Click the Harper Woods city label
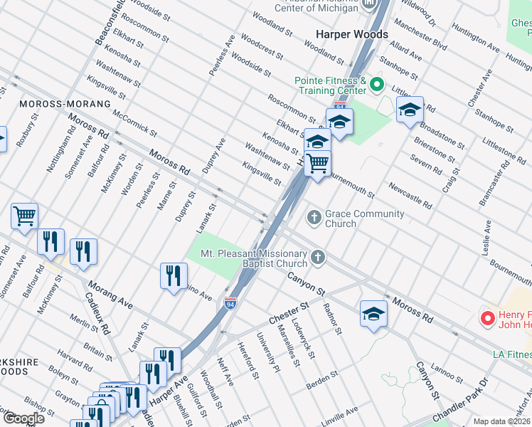coord(352,34)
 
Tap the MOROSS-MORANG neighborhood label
coord(65,104)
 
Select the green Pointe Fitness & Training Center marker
coord(377,86)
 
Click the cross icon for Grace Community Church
coord(314,217)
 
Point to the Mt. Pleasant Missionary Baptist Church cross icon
coord(319,258)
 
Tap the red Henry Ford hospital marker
coord(488,318)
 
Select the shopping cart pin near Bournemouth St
coord(317,164)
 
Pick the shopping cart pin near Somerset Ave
coord(24,216)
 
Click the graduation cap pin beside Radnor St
coord(373,313)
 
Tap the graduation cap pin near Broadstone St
coord(410,110)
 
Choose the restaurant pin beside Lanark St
coord(174,275)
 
